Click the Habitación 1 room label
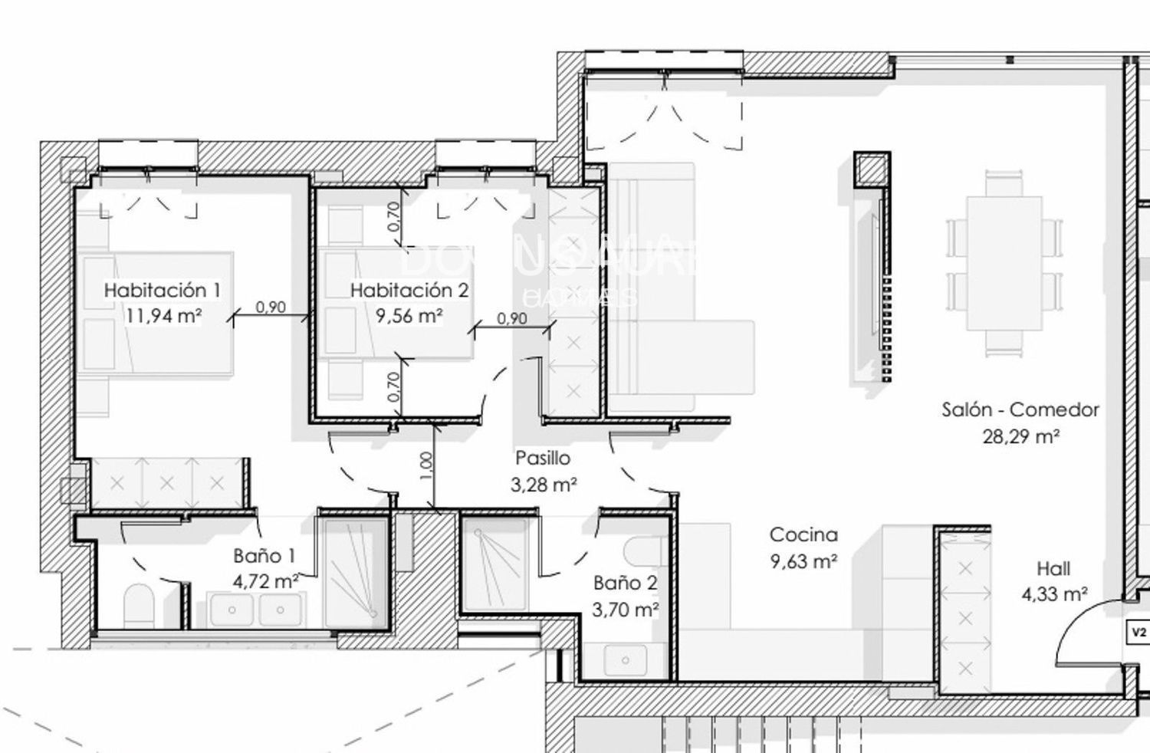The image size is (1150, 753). point(163,291)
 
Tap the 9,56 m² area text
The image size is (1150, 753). point(409,315)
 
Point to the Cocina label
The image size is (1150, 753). point(803,534)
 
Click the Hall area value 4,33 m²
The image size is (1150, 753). point(1055,594)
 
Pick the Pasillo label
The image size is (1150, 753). point(543,459)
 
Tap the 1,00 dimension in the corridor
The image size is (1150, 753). point(427,465)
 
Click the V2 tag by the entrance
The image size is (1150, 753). point(1138,633)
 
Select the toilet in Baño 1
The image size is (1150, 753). point(139,605)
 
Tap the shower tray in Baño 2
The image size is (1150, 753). point(494,564)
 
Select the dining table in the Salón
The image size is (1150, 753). point(1004,263)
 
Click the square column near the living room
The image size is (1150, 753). point(872,169)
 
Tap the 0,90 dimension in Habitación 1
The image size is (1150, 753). point(270,307)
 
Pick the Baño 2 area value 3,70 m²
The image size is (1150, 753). point(626,610)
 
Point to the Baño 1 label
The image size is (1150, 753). point(264,556)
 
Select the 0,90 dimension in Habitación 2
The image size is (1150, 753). point(511,318)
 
